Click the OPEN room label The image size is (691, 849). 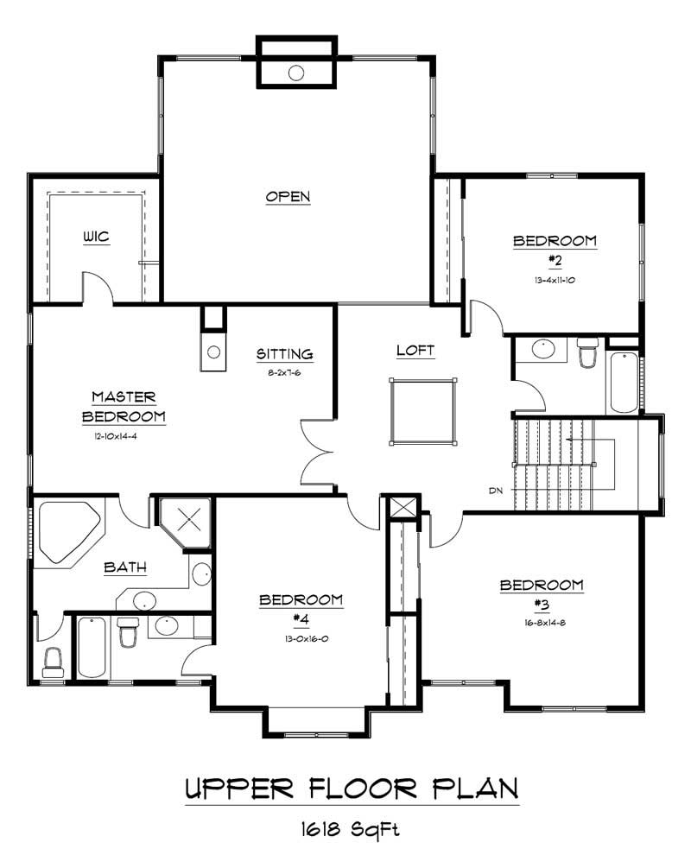[288, 197]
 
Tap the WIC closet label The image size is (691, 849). [96, 237]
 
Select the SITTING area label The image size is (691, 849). [284, 354]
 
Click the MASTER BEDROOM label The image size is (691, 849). [124, 407]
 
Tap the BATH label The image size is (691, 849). [125, 567]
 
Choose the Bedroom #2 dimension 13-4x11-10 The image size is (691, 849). [555, 280]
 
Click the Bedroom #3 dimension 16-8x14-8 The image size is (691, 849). [542, 621]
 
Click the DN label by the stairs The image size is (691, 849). [496, 491]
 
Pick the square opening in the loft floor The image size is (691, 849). [422, 411]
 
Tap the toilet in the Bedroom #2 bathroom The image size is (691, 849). [588, 354]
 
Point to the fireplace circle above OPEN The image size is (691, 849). [296, 73]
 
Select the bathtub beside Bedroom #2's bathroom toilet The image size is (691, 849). [624, 382]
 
